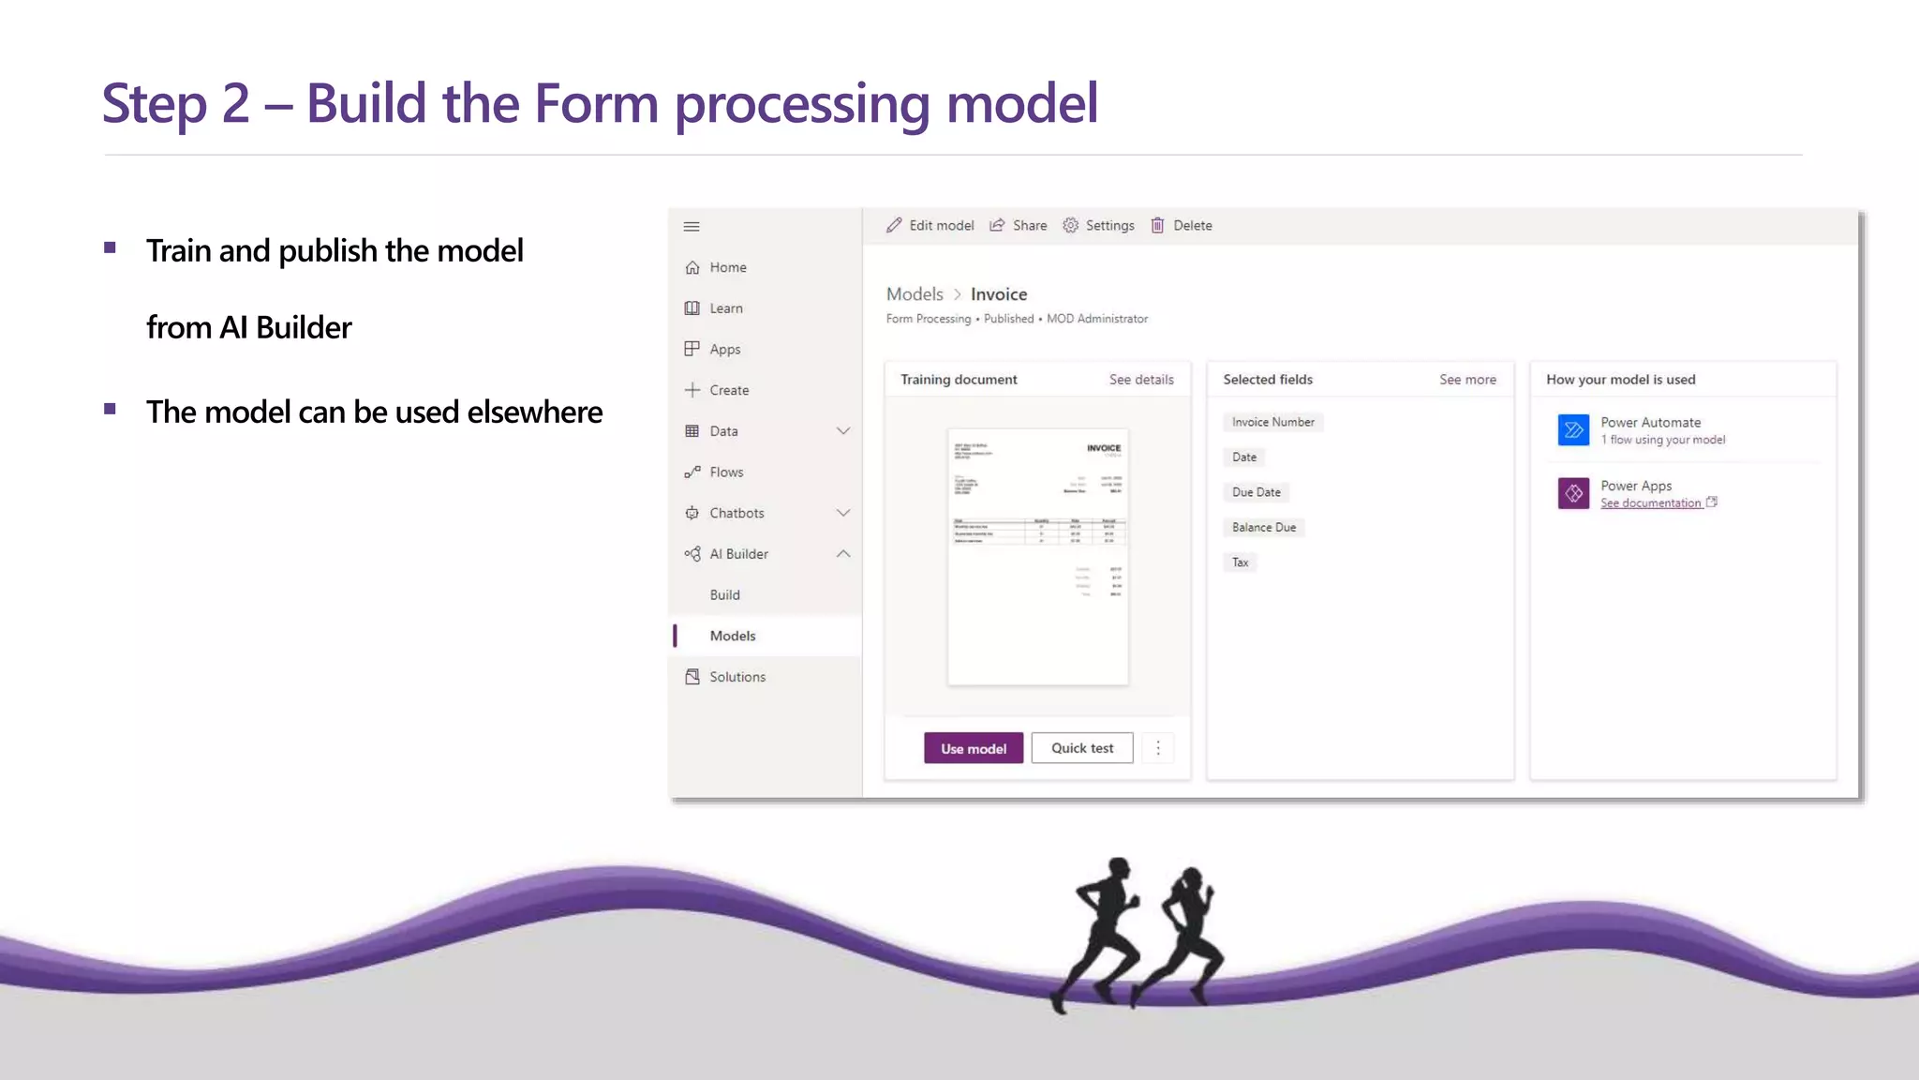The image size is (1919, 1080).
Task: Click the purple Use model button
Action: [x=973, y=748]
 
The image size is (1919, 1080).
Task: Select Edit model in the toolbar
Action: [x=930, y=225]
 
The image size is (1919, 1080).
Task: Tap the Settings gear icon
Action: [x=1070, y=225]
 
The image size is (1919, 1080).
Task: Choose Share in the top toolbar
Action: [x=1019, y=225]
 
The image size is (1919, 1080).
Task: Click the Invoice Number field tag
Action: [x=1272, y=422]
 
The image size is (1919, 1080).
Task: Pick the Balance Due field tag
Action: [x=1263, y=527]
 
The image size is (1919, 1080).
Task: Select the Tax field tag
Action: [x=1240, y=562]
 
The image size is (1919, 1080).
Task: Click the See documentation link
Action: [x=1650, y=503]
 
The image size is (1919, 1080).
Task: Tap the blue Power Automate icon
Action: [x=1573, y=430]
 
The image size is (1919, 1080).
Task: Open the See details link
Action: [x=1140, y=380]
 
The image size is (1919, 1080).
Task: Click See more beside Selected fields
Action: [x=1466, y=380]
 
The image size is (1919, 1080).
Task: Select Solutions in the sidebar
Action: [x=736, y=677]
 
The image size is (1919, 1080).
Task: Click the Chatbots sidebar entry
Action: [x=736, y=513]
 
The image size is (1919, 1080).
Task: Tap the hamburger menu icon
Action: [x=692, y=226]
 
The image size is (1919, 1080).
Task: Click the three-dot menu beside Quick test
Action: [x=1157, y=748]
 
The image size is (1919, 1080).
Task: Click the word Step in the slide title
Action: [x=154, y=104]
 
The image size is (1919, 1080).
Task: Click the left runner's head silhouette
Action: [x=1118, y=869]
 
